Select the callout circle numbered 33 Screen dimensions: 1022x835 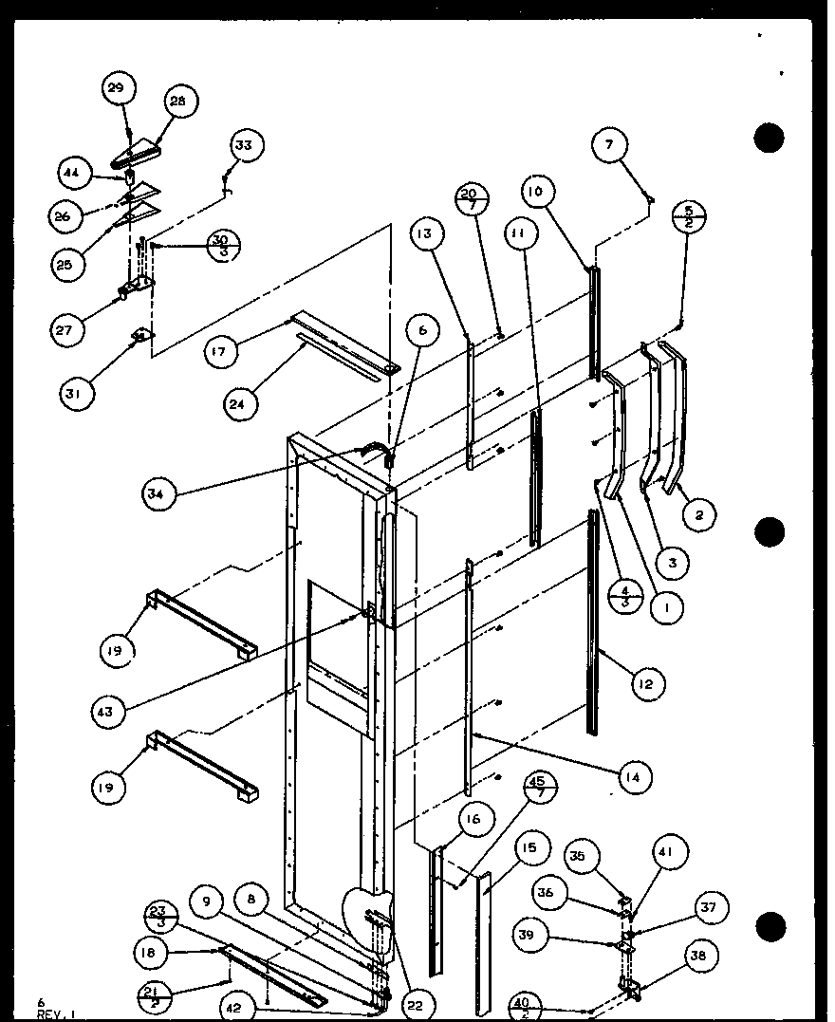click(x=245, y=145)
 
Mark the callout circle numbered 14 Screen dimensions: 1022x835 click(x=631, y=777)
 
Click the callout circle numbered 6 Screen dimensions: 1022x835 click(x=422, y=329)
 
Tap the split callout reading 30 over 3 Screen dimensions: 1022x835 click(x=221, y=245)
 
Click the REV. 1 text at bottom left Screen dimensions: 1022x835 click(x=48, y=1013)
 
